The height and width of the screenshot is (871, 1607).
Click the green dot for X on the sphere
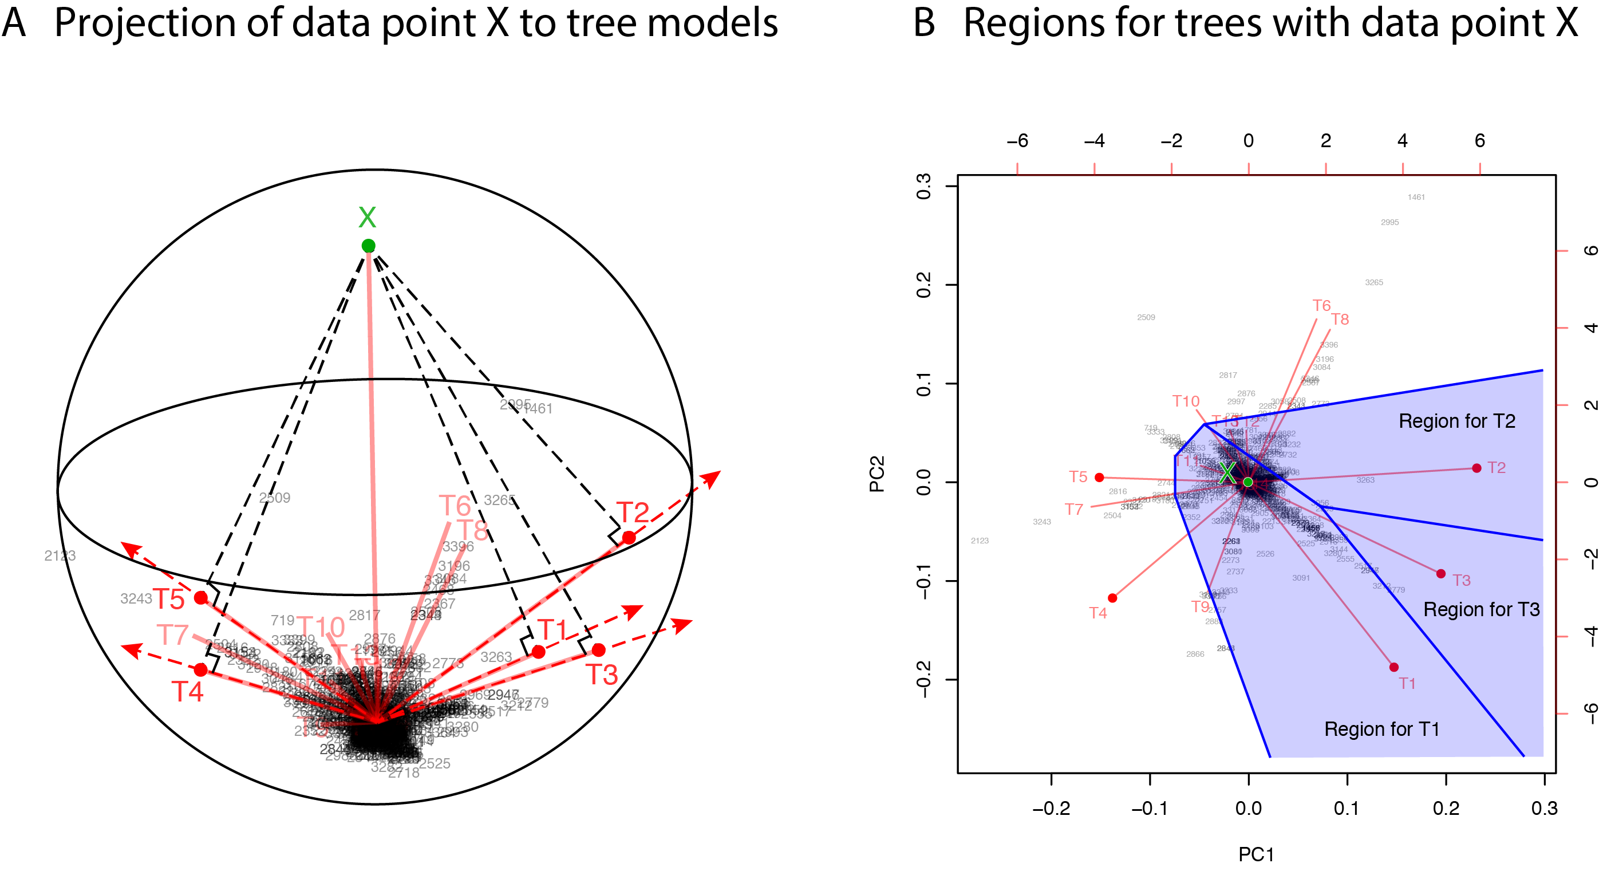(368, 246)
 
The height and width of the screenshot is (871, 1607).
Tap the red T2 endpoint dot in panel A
(629, 538)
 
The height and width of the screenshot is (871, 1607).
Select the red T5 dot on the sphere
(201, 598)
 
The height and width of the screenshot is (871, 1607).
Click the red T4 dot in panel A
(201, 669)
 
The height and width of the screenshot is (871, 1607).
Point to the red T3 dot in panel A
(598, 650)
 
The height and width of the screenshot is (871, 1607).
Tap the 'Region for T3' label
(1481, 609)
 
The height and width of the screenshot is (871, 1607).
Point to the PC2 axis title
(876, 474)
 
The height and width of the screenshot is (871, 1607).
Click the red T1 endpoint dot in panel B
(1393, 667)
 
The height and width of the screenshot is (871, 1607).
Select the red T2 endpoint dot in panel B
(1476, 468)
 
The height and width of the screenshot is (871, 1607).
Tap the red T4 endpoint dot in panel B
(1112, 598)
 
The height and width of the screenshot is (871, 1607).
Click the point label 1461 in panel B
(1416, 197)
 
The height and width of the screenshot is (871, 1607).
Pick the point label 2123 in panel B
(980, 541)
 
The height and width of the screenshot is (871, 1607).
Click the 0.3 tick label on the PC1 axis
(1544, 809)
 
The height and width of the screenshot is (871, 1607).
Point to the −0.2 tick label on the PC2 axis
(923, 680)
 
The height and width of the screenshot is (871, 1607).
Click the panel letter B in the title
(924, 23)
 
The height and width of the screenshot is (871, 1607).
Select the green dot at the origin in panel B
(1247, 482)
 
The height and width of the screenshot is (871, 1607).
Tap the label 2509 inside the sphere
(274, 498)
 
